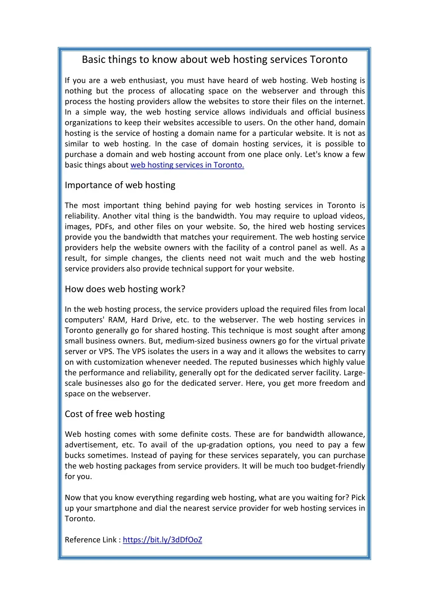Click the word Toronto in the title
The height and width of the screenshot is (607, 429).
pos(328,60)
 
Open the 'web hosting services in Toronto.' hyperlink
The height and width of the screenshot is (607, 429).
pos(187,165)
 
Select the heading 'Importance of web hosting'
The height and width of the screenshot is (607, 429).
pos(120,185)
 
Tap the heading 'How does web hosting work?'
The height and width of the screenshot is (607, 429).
pos(125,289)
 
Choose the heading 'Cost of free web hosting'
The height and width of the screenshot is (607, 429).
pos(115,414)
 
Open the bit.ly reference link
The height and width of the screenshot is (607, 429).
pos(163,540)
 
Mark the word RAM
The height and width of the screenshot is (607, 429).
pos(116,320)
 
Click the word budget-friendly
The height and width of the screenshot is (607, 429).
pos(338,466)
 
